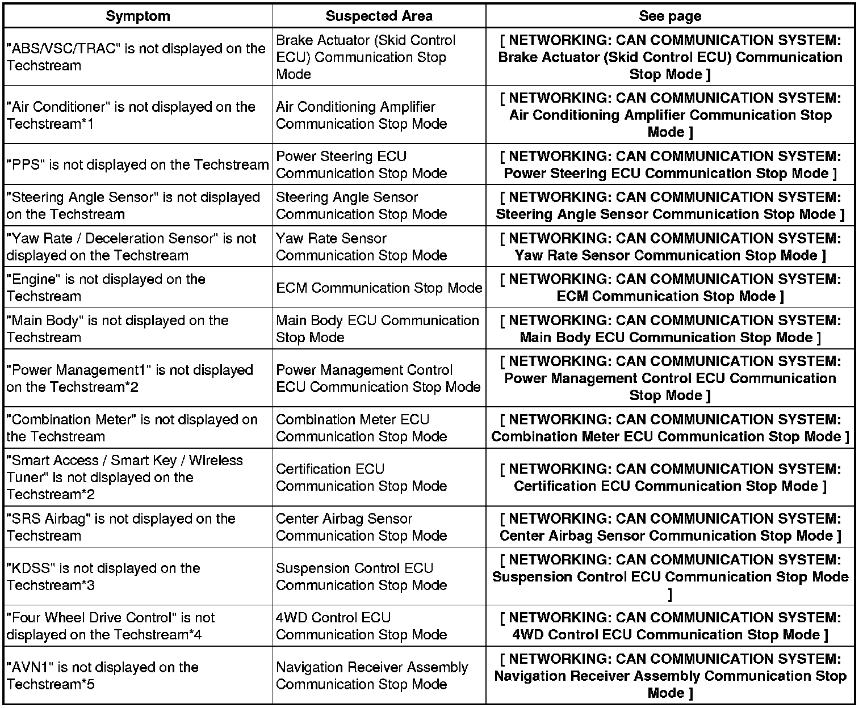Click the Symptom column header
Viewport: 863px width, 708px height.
pyautogui.click(x=138, y=16)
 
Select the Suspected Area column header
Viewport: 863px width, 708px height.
pyautogui.click(x=379, y=16)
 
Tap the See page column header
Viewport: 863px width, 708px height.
pyautogui.click(x=670, y=16)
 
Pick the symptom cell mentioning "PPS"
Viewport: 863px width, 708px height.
pyautogui.click(x=137, y=165)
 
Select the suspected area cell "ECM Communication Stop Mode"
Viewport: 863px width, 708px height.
pyautogui.click(x=379, y=288)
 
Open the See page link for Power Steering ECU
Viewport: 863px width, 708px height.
pyautogui.click(x=670, y=165)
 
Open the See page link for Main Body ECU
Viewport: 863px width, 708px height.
pyautogui.click(x=670, y=329)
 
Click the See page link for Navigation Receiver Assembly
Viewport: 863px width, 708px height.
pyautogui.click(x=670, y=676)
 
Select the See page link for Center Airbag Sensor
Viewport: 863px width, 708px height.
pyautogui.click(x=670, y=527)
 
